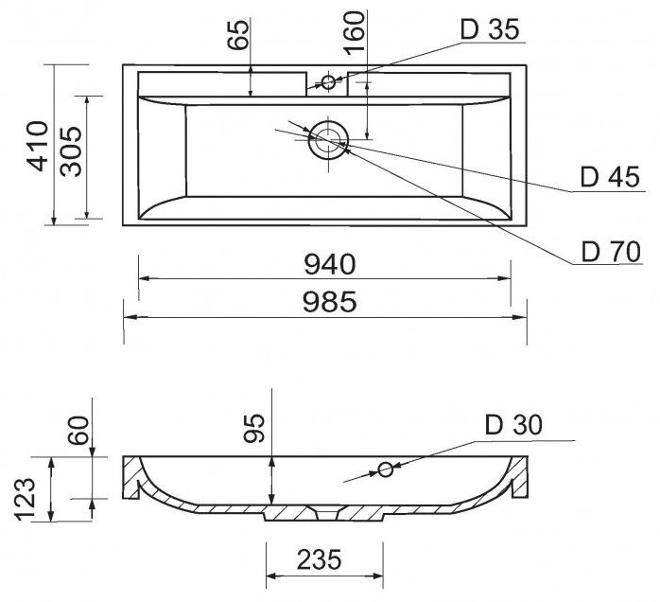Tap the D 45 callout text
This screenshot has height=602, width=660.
605,177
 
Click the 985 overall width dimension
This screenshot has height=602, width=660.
329,302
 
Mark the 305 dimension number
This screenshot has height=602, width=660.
73,152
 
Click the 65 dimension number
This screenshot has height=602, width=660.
238,36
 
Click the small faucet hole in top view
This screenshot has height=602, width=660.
328,81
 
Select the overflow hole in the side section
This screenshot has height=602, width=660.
385,469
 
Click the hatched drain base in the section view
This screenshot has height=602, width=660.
322,513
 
